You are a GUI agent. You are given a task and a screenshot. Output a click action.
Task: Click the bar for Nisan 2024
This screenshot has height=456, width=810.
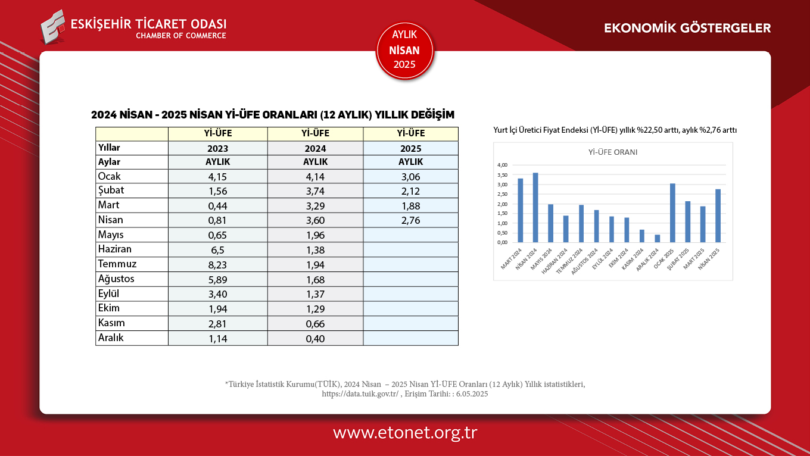535,208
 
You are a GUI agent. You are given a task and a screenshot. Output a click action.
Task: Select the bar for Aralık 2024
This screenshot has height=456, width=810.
657,238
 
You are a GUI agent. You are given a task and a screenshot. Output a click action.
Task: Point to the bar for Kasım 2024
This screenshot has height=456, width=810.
642,236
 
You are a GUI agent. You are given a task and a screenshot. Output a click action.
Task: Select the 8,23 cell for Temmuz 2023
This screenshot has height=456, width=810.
217,264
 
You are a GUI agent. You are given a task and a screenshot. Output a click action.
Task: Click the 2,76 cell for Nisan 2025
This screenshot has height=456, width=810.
410,220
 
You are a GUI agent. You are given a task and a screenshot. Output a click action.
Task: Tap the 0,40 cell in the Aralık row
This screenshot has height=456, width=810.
315,338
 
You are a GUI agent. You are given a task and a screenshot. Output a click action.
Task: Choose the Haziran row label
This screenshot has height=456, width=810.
115,249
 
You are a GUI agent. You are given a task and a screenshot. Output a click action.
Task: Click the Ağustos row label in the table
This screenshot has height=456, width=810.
116,279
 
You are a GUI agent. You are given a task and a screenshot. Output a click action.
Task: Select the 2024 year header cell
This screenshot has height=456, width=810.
315,148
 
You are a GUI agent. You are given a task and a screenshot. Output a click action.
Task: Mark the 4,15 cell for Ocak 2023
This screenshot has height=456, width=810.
217,176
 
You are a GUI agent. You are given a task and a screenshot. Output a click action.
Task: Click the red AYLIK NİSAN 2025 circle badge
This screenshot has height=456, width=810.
405,51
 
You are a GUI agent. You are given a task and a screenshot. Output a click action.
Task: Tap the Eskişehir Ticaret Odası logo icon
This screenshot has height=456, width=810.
53,26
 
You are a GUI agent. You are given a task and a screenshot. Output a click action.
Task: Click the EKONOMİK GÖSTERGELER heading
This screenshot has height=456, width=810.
687,28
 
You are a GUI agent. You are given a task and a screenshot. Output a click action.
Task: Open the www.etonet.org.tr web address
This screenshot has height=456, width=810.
405,432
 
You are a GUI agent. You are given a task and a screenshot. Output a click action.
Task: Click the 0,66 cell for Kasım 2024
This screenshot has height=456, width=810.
315,323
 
